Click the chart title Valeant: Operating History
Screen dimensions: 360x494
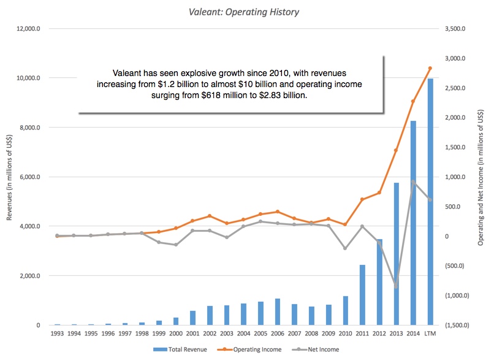tap(246, 11)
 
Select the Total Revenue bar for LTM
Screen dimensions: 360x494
tap(430, 202)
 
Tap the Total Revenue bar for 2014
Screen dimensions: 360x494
tap(412, 223)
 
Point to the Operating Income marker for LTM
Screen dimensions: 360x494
tap(430, 68)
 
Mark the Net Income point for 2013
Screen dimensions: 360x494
tap(396, 286)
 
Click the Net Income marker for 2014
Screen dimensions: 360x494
tap(412, 182)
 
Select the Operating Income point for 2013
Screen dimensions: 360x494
tap(396, 150)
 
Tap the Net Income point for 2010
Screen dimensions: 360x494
tap(345, 248)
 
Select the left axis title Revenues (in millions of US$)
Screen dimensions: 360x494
tap(9, 177)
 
